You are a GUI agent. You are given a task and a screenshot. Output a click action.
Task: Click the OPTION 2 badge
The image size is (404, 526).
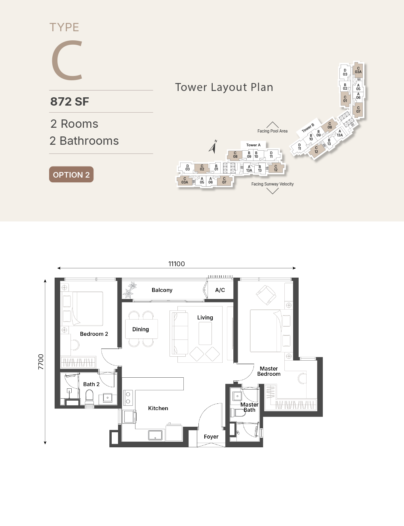[71, 174]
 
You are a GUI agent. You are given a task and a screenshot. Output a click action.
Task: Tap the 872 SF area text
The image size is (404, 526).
[70, 102]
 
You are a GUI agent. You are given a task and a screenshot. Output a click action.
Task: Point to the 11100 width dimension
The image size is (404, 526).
[176, 264]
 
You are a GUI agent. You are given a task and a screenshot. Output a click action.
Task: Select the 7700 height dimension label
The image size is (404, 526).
[41, 361]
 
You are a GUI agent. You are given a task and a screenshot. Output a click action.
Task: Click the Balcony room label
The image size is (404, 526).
[162, 290]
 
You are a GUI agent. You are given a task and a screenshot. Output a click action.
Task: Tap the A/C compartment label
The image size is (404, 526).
[220, 290]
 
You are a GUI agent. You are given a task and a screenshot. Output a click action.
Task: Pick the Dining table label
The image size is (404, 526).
[141, 329]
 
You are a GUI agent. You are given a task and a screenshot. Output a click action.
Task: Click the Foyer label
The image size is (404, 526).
[211, 437]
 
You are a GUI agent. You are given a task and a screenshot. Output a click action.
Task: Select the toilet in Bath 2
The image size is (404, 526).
[90, 397]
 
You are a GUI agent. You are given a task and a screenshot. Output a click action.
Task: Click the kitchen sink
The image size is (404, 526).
[155, 435]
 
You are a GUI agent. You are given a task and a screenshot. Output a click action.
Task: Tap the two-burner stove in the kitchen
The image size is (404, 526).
[128, 398]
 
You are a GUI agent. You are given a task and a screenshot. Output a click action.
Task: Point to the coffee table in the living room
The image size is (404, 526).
[205, 333]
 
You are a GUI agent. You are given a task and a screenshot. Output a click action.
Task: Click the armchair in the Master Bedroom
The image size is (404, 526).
[266, 295]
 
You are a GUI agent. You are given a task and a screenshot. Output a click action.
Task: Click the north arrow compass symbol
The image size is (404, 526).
[213, 147]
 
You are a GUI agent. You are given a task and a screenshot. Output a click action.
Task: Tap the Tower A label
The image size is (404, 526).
[253, 145]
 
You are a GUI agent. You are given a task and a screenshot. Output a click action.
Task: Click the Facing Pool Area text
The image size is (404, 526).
[273, 131]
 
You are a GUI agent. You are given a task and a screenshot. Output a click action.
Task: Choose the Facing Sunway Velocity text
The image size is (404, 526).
[273, 184]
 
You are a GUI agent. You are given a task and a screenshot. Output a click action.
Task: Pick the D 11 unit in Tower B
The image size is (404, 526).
[299, 147]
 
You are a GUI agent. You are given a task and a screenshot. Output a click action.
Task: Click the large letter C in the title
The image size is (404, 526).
[67, 60]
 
